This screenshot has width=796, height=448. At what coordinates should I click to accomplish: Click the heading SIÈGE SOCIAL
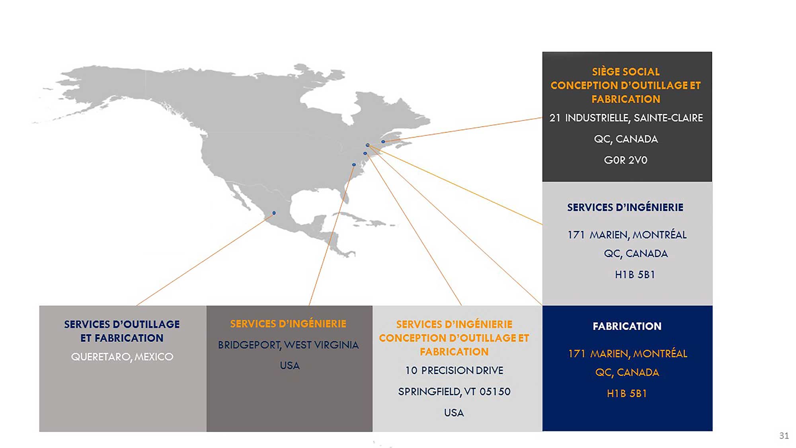click(626, 72)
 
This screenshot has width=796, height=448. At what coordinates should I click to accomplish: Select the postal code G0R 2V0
click(626, 160)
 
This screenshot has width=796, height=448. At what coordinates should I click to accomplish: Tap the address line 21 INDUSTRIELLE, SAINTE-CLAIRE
click(626, 118)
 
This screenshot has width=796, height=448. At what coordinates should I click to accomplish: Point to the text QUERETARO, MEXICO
click(122, 357)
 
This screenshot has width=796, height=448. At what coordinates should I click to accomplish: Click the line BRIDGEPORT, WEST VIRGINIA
click(289, 345)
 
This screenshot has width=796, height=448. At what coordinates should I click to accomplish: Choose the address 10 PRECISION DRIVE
click(454, 370)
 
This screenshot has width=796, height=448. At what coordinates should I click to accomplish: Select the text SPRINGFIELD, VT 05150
click(454, 392)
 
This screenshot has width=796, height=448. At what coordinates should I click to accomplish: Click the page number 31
click(784, 436)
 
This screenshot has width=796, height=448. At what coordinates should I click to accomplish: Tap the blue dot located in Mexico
click(274, 213)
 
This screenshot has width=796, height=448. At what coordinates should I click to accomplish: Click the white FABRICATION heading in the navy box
click(627, 326)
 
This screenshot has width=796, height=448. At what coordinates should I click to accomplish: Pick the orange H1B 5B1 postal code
click(627, 393)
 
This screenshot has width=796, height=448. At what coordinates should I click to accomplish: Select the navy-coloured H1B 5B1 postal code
click(635, 274)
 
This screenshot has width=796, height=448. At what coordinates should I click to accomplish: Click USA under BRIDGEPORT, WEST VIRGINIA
click(289, 366)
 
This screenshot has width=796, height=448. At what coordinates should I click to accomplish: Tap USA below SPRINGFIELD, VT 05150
click(454, 413)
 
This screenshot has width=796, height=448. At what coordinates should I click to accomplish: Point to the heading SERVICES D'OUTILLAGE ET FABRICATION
click(122, 331)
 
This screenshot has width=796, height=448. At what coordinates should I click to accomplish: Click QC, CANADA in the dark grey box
click(626, 139)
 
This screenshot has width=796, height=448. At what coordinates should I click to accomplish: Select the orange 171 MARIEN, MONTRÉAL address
click(628, 354)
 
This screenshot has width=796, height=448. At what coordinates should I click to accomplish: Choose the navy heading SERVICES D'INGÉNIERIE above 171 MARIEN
click(625, 207)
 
